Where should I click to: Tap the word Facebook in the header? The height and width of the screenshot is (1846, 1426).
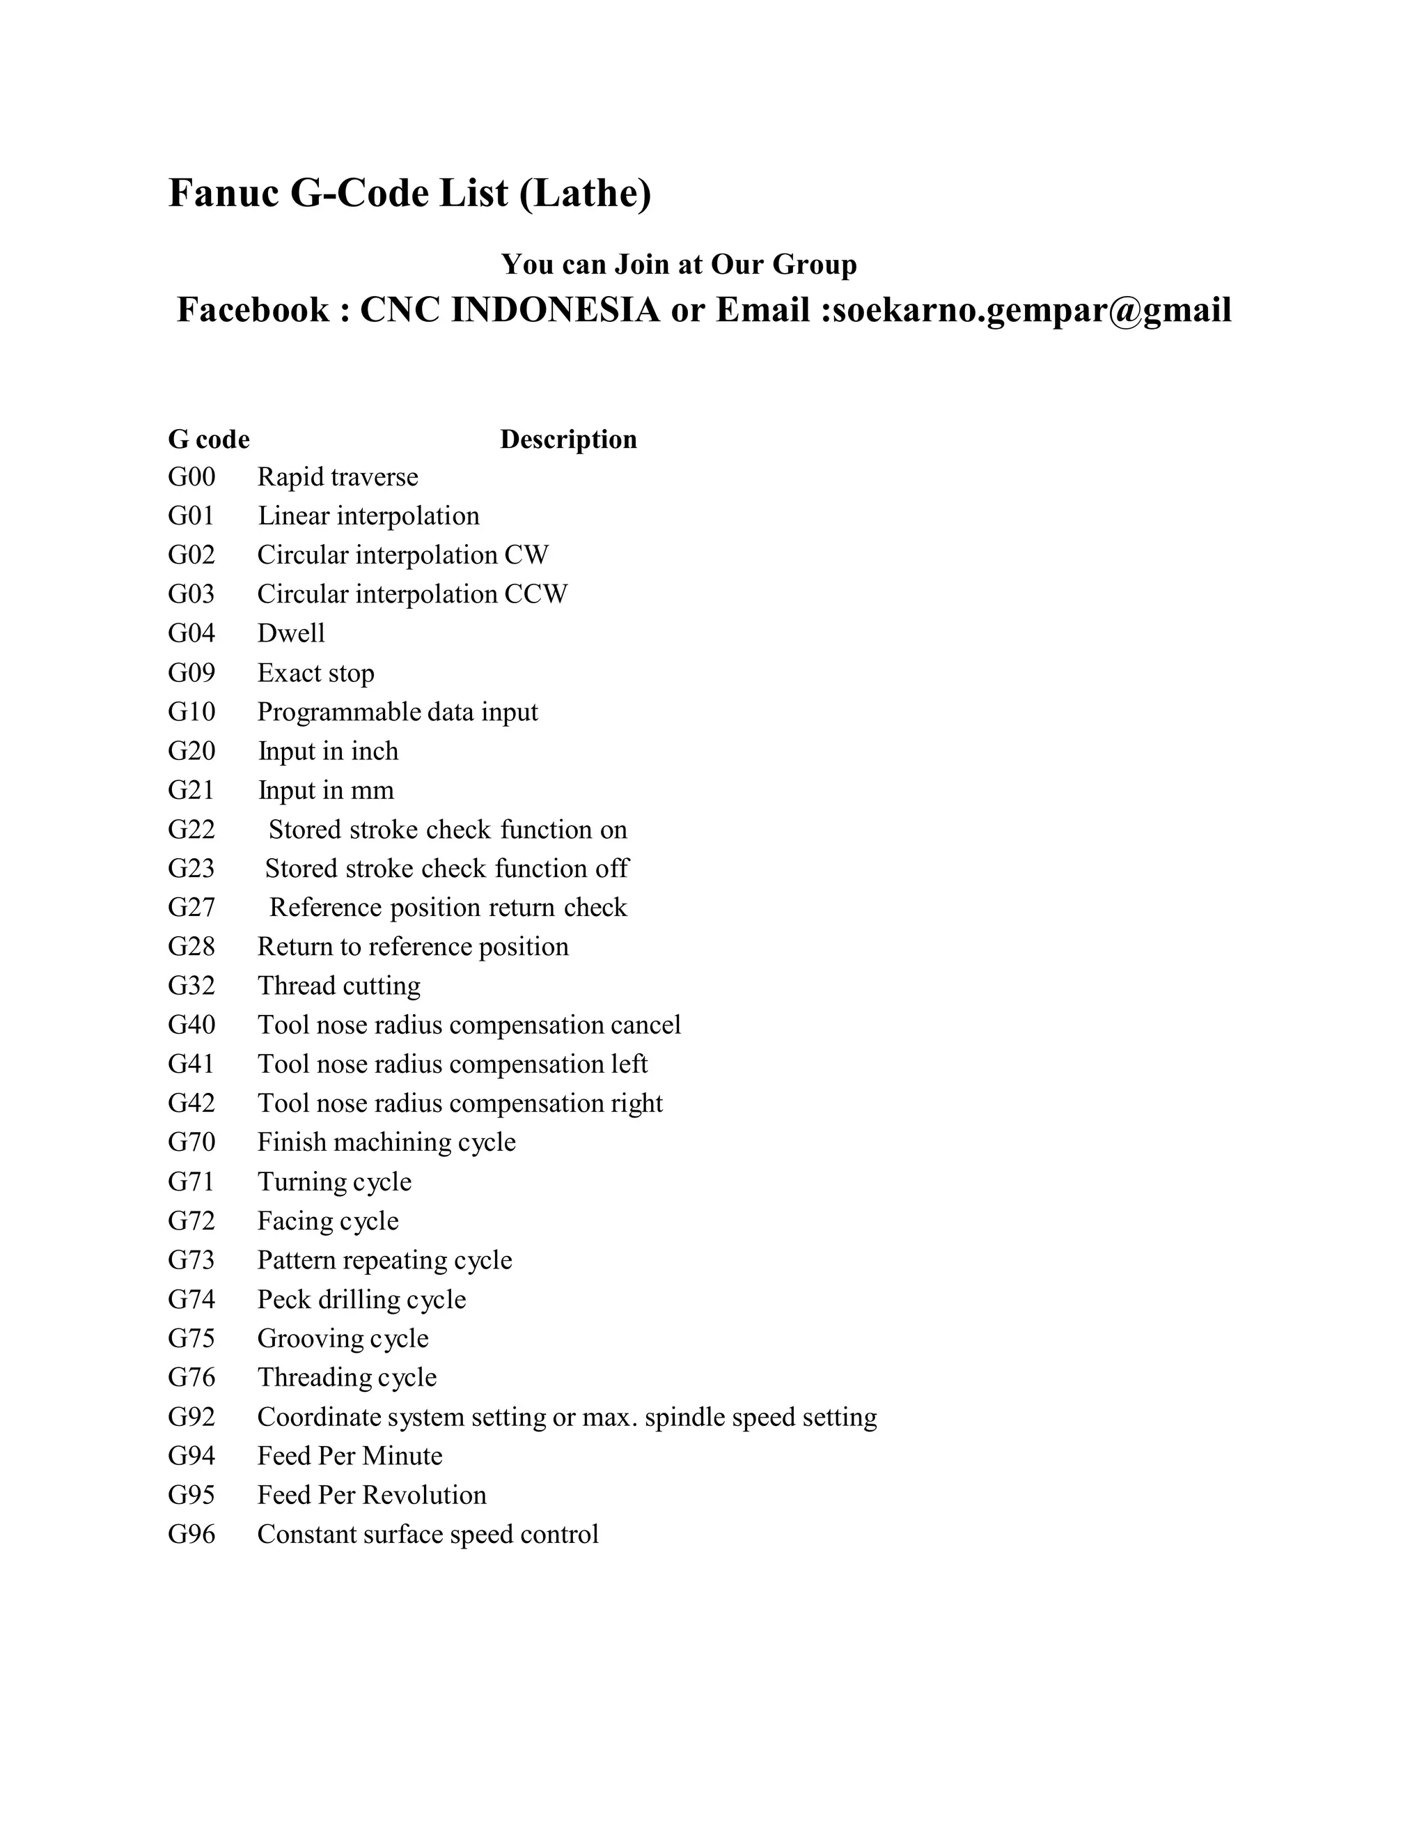click(253, 310)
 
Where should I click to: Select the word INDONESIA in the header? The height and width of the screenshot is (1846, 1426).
click(556, 310)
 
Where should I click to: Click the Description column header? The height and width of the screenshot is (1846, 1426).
click(569, 440)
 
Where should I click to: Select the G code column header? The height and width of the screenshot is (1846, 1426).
click(209, 440)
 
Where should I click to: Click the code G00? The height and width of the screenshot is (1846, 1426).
click(191, 478)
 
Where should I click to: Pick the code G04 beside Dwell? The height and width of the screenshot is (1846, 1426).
click(191, 634)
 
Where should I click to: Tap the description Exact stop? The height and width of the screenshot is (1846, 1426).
click(316, 674)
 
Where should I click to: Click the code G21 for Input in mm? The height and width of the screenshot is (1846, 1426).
click(191, 791)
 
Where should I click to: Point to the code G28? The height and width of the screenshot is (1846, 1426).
click(191, 947)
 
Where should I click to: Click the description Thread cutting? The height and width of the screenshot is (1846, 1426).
click(339, 986)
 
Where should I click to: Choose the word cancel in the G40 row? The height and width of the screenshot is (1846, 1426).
click(645, 1025)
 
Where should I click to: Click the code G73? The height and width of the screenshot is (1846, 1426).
click(191, 1260)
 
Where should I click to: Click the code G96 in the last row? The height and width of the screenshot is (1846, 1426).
click(191, 1534)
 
